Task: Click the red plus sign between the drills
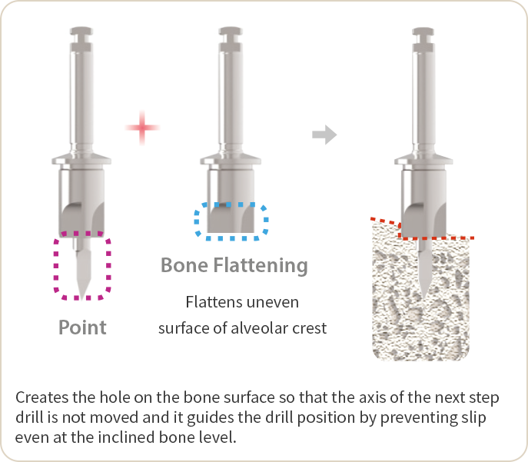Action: [141, 127]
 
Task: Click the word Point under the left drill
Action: [82, 327]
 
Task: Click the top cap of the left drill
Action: [81, 33]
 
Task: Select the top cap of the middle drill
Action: [231, 33]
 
